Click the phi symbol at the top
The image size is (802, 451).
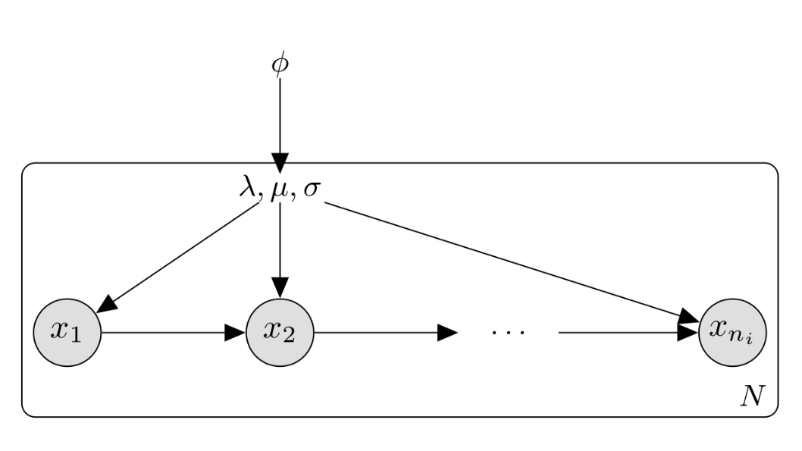[x=280, y=65]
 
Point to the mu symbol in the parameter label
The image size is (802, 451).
[x=279, y=190]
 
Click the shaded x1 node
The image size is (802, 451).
[x=67, y=332]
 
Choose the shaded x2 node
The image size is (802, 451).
[x=280, y=332]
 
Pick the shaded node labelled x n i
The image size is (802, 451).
[x=732, y=332]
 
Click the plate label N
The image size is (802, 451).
[x=753, y=396]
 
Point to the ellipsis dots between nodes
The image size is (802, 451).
[x=508, y=333]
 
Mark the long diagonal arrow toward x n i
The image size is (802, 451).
[x=512, y=262]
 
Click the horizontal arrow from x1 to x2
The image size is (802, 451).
[x=174, y=332]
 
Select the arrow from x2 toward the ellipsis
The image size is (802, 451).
[x=386, y=332]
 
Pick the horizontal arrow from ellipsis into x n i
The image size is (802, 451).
[x=628, y=332]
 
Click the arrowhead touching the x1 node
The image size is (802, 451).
[x=106, y=304]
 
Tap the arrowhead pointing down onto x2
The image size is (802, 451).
[x=280, y=288]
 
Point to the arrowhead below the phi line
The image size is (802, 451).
[x=280, y=164]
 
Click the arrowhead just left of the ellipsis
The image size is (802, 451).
[x=447, y=332]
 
